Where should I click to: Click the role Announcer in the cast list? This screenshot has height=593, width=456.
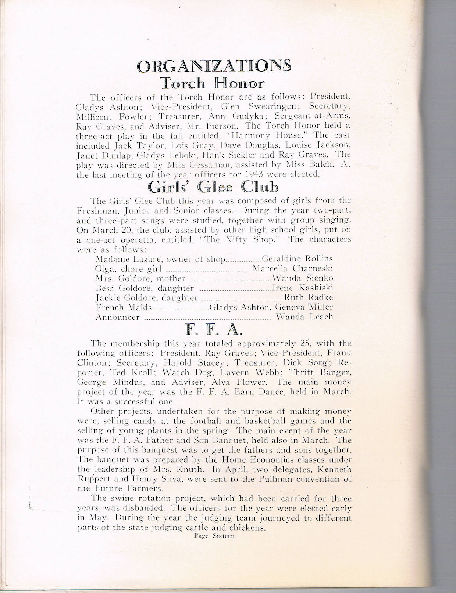click(x=117, y=317)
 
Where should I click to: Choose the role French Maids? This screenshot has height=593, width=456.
click(x=123, y=307)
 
